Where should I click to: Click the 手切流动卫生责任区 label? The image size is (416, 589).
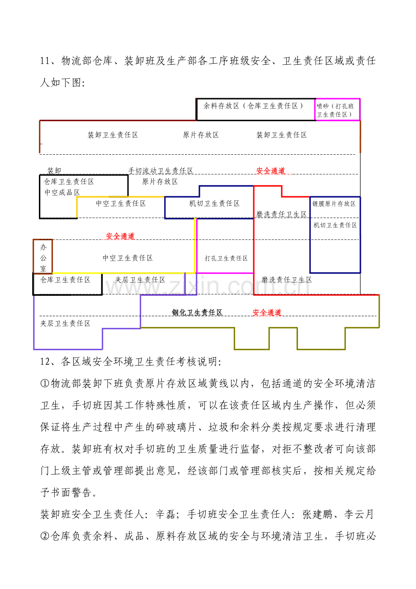point(161,171)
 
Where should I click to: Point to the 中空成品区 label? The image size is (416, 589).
point(62,192)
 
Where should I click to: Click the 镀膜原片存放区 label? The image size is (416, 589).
point(334,204)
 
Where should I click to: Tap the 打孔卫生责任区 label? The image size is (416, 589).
point(226,258)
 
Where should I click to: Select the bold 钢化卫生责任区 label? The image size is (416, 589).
point(197,313)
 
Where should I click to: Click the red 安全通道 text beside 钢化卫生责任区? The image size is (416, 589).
point(267,313)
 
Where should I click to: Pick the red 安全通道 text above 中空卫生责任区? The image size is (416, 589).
point(120,236)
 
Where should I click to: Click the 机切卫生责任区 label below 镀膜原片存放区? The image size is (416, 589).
point(335,225)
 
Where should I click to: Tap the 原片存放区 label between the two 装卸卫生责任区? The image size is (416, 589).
point(201,135)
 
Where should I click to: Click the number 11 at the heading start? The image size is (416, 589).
point(45,61)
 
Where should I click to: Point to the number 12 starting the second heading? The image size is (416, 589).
point(45,362)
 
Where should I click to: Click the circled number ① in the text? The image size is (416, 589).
point(45,384)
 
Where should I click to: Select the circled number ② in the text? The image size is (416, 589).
point(45,536)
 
